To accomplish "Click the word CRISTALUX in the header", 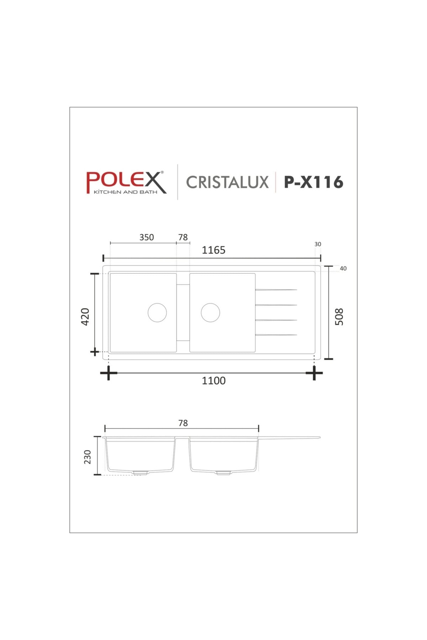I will click(227, 182).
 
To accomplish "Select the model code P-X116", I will click(313, 182).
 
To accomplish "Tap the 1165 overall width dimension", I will click(213, 250).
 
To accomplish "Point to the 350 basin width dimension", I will click(147, 238).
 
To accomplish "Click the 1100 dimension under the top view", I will click(213, 381).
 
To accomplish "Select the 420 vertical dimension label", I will click(85, 316).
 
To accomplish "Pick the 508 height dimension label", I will click(339, 316).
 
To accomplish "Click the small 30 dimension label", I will click(318, 244).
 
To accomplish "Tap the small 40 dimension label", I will click(343, 268).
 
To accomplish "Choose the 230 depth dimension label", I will click(88, 457).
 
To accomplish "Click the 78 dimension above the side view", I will click(183, 423).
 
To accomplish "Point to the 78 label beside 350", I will click(183, 238).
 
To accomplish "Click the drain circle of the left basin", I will click(157, 313).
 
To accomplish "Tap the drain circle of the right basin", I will click(210, 313).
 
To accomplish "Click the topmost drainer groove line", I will click(276, 290).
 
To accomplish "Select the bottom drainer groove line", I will click(276, 335).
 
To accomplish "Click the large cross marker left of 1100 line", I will click(108, 373).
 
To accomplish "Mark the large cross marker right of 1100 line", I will click(314, 373).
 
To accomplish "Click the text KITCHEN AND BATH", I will click(125, 192).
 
